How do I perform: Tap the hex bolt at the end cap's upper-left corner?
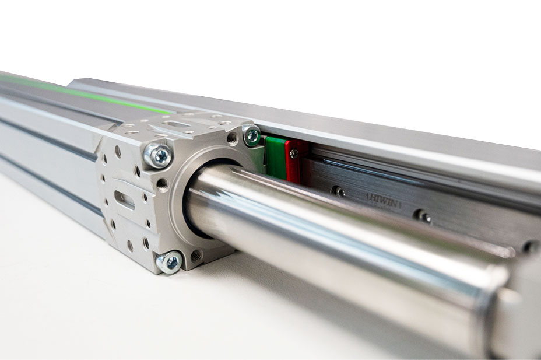pos(157,155)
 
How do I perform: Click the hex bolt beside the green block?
pos(251,135)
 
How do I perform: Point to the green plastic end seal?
pos(276,158)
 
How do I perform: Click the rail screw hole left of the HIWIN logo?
pos(338,191)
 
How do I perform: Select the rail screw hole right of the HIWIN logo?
pos(424,216)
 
